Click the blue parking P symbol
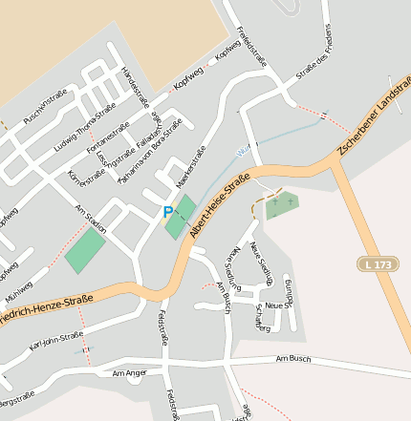click(x=168, y=212)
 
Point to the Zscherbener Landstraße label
click(x=374, y=125)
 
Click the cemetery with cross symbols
click(x=281, y=204)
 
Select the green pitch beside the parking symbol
click(x=181, y=217)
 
